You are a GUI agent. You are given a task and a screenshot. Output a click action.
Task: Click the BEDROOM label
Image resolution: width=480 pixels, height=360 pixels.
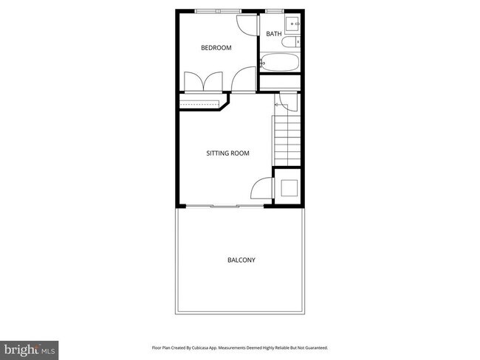[216, 48]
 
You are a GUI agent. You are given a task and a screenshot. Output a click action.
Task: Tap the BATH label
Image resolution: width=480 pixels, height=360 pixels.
[274, 34]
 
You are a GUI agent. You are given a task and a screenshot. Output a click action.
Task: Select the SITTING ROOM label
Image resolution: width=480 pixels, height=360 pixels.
[227, 153]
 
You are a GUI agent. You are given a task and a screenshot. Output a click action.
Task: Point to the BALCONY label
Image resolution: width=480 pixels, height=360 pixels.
[241, 260]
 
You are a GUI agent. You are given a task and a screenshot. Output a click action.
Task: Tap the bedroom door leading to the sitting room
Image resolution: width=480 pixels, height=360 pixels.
[244, 79]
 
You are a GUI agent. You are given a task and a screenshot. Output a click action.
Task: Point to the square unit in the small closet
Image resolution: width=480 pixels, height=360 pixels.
[287, 186]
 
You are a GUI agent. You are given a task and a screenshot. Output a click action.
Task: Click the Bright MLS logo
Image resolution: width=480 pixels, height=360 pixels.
[30, 347]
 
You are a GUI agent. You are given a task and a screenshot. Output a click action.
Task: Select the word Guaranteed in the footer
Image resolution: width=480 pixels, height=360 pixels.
[314, 347]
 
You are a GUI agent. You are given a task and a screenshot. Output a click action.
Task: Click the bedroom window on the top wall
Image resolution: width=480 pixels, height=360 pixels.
[218, 10]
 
